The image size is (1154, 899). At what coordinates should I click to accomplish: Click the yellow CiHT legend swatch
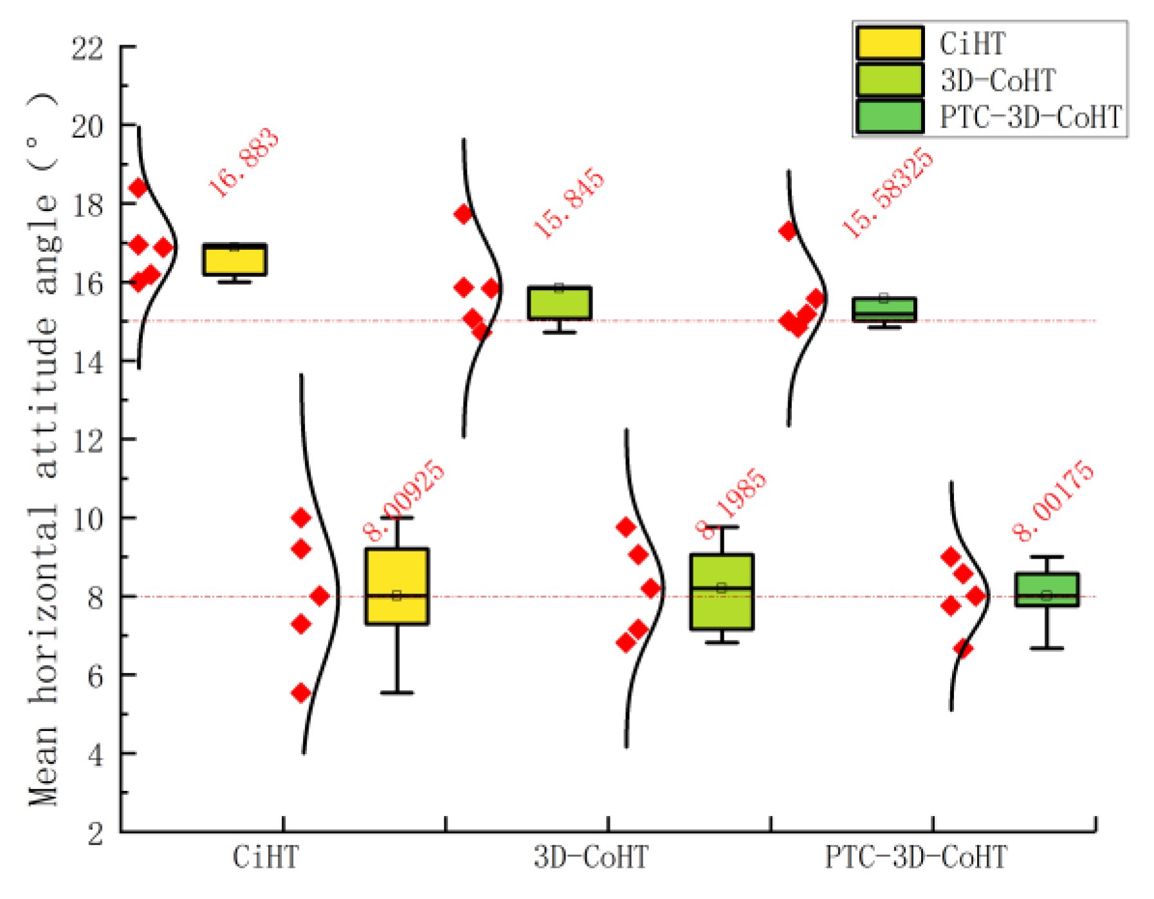tap(890, 43)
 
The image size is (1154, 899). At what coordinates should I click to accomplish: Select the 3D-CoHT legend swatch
tap(890, 80)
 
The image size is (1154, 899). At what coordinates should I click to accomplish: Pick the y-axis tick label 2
tap(95, 833)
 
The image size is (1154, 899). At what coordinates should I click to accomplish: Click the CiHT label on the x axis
tap(266, 858)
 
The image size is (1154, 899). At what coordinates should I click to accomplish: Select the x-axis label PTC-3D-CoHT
tap(916, 858)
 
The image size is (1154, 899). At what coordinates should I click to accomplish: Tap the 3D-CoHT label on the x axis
tap(591, 858)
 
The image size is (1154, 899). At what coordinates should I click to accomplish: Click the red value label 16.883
tap(244, 162)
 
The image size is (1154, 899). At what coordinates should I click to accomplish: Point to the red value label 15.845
tap(569, 203)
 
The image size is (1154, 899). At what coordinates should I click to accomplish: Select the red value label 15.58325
tap(887, 192)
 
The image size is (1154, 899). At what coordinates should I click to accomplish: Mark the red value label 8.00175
tap(1052, 500)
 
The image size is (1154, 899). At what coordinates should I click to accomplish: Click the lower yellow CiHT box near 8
tap(397, 586)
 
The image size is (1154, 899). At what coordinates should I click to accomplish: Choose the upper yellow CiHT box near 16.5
tap(235, 260)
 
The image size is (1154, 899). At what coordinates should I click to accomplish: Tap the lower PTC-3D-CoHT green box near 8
tap(1047, 589)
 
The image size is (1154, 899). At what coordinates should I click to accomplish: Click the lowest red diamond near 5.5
tap(301, 693)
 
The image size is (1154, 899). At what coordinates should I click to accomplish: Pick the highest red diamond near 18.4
tap(138, 188)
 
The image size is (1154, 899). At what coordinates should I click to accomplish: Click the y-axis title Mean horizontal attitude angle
tap(44, 447)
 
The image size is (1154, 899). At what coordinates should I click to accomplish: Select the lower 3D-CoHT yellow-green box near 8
tap(722, 591)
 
